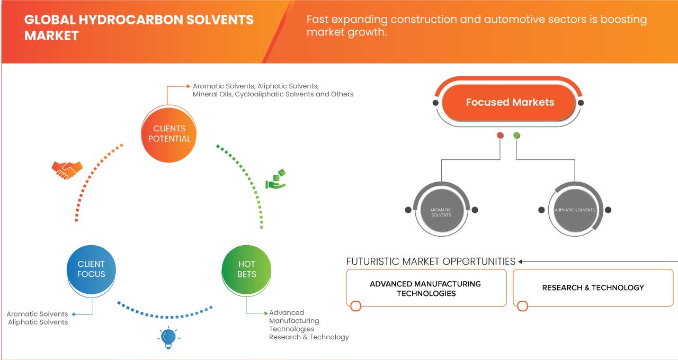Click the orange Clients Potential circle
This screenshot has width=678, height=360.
click(169, 133)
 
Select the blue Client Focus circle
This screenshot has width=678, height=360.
click(91, 269)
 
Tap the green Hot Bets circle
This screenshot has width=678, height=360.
click(247, 269)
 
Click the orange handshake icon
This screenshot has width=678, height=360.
click(67, 169)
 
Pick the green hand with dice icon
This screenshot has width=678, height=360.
click(275, 180)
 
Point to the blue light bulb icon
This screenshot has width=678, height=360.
click(168, 338)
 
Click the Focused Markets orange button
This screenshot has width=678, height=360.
click(510, 102)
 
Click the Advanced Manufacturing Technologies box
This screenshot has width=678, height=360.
click(425, 289)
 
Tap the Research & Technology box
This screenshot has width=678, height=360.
click(593, 288)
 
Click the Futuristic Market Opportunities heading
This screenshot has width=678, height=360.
click(431, 262)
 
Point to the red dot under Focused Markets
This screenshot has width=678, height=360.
click(500, 136)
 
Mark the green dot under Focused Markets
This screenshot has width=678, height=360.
click(517, 136)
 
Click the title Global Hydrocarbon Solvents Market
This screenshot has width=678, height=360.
click(139, 28)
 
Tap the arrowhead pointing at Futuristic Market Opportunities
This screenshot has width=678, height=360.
click(521, 262)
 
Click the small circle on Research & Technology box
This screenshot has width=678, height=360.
click(523, 306)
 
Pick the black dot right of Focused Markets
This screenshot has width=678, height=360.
click(581, 103)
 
